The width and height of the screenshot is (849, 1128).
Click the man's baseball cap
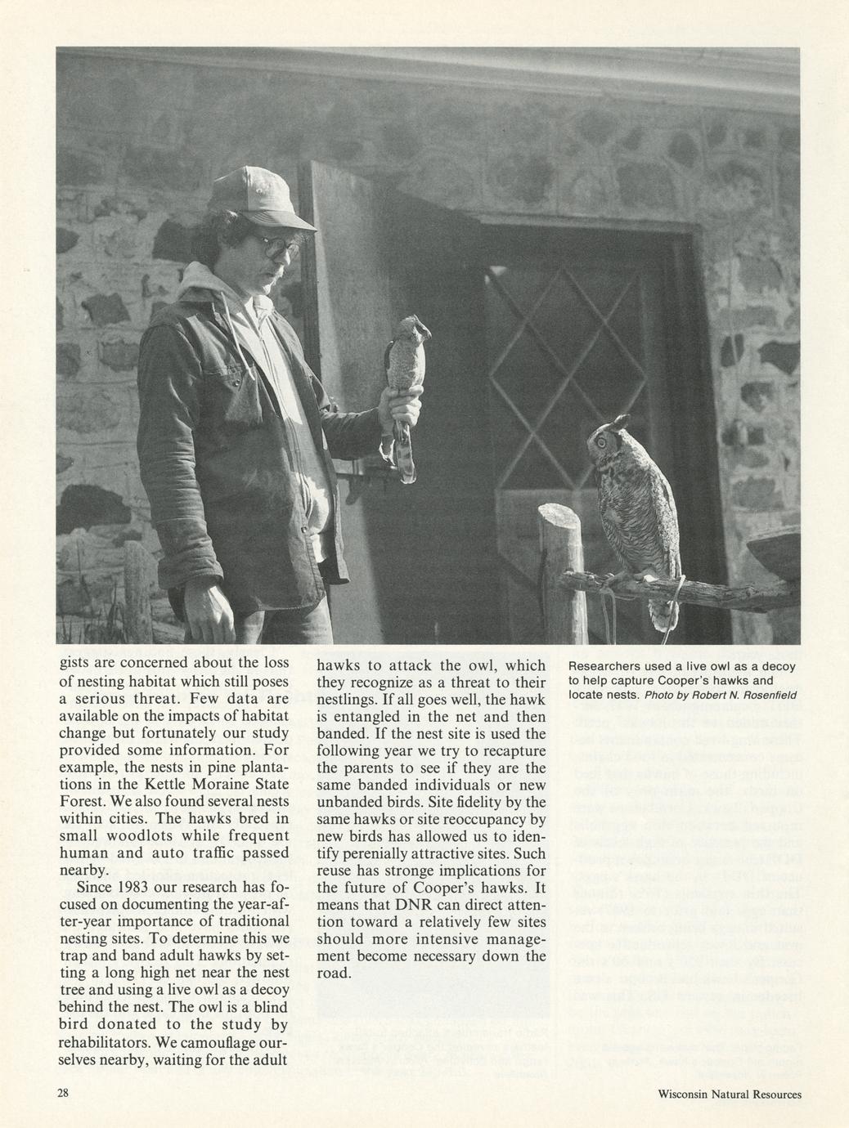tap(257, 195)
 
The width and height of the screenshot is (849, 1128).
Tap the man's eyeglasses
tap(273, 246)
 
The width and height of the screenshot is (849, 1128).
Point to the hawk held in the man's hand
tap(407, 360)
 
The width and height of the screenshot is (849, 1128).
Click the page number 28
tap(64, 1093)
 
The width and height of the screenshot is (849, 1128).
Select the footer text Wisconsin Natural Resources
tap(729, 1094)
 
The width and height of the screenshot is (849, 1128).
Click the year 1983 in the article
tap(133, 887)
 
